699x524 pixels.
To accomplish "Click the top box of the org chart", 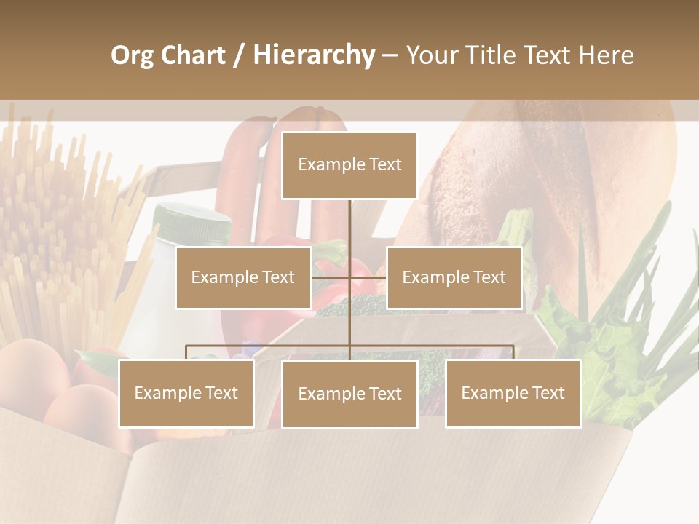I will point(349,165).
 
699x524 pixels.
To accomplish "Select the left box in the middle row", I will point(243,277).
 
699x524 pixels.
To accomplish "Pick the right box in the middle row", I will point(454,277).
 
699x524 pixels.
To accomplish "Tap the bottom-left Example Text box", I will point(186,393).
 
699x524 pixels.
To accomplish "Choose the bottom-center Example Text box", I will point(349,394).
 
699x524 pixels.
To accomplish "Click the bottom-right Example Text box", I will point(513,393).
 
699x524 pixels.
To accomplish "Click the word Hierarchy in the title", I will point(314,55).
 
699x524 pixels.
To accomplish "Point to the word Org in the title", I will point(132,55).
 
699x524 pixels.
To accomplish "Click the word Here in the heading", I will point(607,55).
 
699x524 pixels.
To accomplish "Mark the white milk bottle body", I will point(157,291).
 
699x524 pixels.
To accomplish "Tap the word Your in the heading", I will point(430,55).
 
